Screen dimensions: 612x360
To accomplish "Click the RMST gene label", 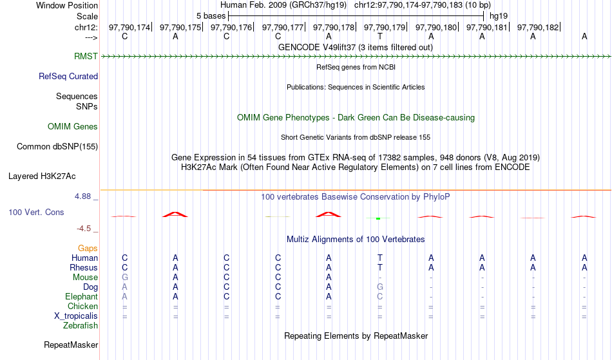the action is [x=86, y=56].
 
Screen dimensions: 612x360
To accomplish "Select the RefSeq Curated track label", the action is [x=68, y=76].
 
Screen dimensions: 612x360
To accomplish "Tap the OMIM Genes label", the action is [x=73, y=126].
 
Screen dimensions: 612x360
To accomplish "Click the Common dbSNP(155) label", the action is [x=57, y=146].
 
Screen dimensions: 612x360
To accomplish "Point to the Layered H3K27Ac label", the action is [x=42, y=176].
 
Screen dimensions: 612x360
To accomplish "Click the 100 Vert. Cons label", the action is [x=36, y=212].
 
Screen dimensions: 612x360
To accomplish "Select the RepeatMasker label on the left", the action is [x=71, y=345].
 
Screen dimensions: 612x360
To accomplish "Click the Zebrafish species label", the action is [x=81, y=325].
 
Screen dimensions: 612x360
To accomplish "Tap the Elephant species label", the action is [x=82, y=296].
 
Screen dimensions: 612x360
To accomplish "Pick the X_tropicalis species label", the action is [x=76, y=316].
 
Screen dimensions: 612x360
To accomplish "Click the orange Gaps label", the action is [x=88, y=248].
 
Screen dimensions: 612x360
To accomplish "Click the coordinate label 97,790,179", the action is [x=385, y=27].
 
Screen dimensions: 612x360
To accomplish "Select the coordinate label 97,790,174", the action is [x=129, y=27].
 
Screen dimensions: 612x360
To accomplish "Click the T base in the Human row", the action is [x=380, y=258].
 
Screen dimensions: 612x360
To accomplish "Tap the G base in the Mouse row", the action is [x=124, y=278].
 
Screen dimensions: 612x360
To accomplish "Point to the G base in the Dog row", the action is [x=380, y=287].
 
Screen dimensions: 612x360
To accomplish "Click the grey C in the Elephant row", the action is [x=380, y=296].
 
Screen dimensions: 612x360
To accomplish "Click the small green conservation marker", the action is [x=378, y=218].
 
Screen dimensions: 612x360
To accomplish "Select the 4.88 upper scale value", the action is [x=82, y=196].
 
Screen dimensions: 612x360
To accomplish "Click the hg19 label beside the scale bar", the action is [x=499, y=16].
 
